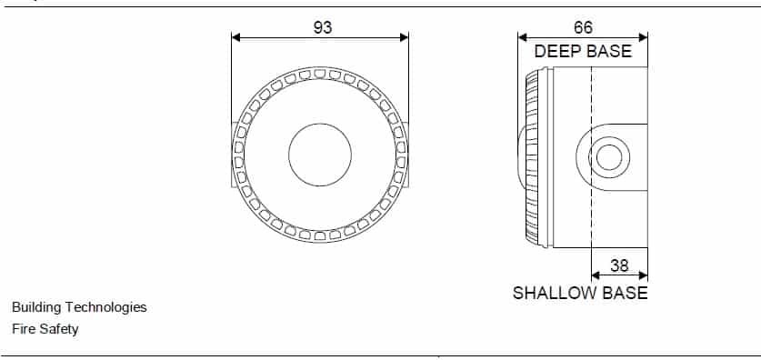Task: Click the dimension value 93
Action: point(323,27)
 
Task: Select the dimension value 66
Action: point(583,27)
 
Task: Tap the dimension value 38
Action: point(619,265)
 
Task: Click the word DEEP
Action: point(556,51)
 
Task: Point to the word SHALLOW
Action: point(556,293)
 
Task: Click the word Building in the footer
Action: point(36,307)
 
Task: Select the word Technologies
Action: point(105,307)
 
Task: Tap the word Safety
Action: point(59,329)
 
